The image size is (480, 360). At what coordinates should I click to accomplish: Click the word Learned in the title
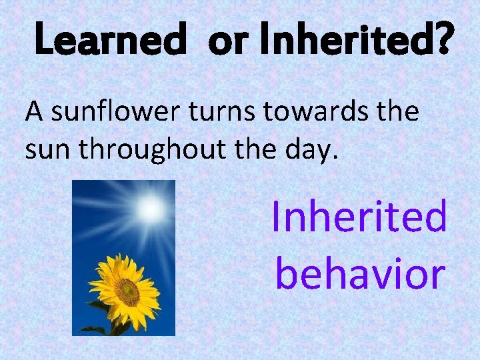pyautogui.click(x=109, y=42)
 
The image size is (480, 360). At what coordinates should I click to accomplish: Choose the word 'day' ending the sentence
pyautogui.click(x=312, y=151)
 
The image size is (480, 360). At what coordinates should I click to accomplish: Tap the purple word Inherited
pyautogui.click(x=359, y=217)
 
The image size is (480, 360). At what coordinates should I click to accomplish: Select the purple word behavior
pyautogui.click(x=360, y=273)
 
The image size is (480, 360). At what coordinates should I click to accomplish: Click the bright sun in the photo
pyautogui.click(x=149, y=209)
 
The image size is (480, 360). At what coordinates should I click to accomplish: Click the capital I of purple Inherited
pyautogui.click(x=277, y=217)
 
